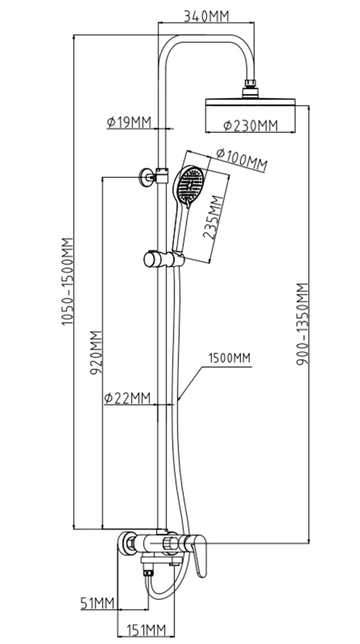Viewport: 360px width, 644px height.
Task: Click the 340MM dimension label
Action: point(206,17)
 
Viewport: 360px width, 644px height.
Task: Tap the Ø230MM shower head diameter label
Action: point(250,125)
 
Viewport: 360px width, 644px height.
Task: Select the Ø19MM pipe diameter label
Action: point(129,122)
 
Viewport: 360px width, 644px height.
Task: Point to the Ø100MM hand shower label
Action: point(242,159)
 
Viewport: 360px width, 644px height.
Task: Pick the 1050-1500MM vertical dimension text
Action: point(67,282)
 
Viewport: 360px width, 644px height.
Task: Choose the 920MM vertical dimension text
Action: point(96,352)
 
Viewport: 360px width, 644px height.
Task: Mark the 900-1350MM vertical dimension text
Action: point(302,323)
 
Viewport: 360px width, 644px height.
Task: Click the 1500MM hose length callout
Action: point(229,358)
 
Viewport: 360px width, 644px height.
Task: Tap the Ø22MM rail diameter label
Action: point(128,398)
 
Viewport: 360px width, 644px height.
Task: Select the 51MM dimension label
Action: point(96,604)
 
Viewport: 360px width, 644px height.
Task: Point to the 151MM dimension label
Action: point(145,629)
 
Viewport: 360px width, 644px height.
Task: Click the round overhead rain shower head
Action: point(250,102)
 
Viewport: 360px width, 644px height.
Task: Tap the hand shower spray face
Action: point(189,183)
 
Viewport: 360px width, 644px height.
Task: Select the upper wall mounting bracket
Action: point(153,177)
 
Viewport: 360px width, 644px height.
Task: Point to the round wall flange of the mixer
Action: point(126,543)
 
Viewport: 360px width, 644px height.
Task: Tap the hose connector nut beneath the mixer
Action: point(148,572)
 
